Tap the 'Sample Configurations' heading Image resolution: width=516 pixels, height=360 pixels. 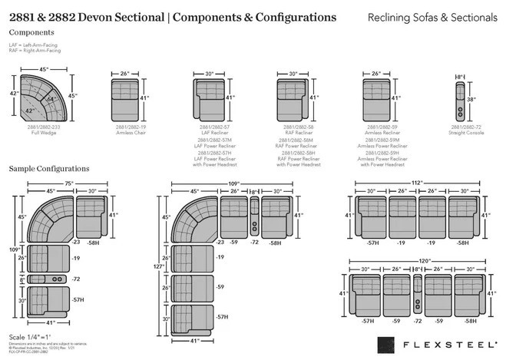49,168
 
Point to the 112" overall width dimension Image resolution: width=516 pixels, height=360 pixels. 417,182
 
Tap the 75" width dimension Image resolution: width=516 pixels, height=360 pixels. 68,183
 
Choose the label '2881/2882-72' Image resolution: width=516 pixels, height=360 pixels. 466,127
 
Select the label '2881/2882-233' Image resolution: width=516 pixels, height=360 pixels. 44,127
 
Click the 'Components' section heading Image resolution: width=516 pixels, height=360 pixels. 31,33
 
